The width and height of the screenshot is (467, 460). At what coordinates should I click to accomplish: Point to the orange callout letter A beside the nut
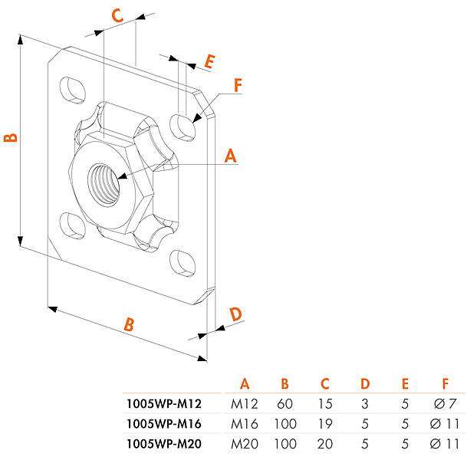tap(230, 156)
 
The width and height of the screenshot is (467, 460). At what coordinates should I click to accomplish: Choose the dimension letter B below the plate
tap(130, 324)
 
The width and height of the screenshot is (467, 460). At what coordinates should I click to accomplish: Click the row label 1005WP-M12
tap(163, 404)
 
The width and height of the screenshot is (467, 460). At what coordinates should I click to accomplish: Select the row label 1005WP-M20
tap(163, 442)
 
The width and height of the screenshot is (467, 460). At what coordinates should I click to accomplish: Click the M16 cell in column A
tap(245, 423)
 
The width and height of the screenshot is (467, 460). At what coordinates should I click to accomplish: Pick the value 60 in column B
tap(284, 404)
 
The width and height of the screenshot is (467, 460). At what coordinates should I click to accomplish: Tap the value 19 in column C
tap(324, 423)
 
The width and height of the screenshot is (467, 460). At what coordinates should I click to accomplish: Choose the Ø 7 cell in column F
tap(445, 404)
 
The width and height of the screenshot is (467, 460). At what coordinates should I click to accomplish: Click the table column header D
tap(365, 384)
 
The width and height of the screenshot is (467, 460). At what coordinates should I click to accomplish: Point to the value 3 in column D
tap(365, 404)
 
